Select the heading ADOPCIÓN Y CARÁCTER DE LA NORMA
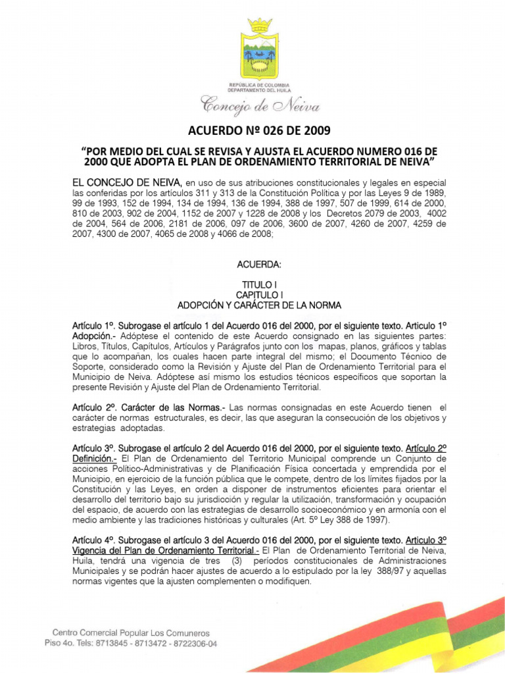click(x=259, y=305)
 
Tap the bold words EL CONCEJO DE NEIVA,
click(x=128, y=182)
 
